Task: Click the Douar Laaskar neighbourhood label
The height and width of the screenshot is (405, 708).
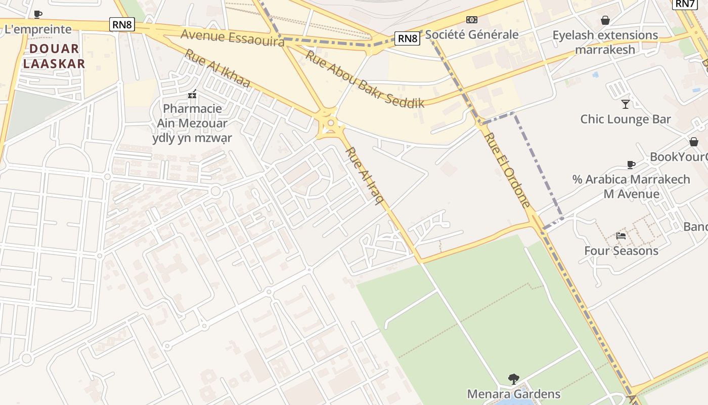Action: (54, 56)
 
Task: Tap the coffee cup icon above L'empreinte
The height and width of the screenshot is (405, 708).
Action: (38, 14)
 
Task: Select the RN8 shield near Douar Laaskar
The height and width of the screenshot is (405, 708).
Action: (122, 24)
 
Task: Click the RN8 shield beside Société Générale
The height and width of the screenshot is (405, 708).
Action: (408, 38)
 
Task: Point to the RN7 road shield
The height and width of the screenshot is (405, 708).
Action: (685, 4)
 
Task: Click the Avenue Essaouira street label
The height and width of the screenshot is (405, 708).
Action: (232, 37)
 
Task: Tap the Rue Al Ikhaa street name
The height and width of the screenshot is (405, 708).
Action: (217, 68)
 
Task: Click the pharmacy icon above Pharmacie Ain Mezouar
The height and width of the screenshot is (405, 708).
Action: (192, 94)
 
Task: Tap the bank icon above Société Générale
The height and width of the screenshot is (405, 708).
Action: (471, 20)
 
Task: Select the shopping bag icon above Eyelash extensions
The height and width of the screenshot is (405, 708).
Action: (605, 20)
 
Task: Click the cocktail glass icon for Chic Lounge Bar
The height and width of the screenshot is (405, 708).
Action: (626, 104)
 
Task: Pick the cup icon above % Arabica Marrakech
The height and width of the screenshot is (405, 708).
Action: (631, 165)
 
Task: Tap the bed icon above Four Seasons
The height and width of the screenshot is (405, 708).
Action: (621, 235)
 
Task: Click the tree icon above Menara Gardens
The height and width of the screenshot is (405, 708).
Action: (513, 379)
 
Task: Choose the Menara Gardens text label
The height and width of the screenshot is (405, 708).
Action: (513, 394)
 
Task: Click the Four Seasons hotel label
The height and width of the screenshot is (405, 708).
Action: (621, 251)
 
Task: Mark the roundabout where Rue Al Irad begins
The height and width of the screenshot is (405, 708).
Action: (331, 123)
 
